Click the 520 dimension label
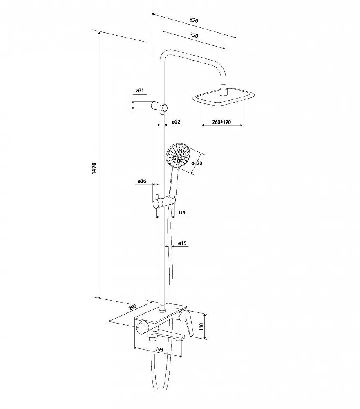(194, 20)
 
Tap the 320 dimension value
(194, 35)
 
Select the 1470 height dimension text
(94, 168)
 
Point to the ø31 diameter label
(140, 90)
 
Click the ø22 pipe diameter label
(176, 121)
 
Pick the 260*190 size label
(221, 122)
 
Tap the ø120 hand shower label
(197, 164)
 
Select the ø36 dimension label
(142, 181)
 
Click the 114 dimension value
(182, 212)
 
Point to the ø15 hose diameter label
(182, 243)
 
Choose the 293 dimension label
(132, 307)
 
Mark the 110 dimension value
(201, 326)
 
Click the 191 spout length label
(159, 350)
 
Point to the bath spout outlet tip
(180, 338)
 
